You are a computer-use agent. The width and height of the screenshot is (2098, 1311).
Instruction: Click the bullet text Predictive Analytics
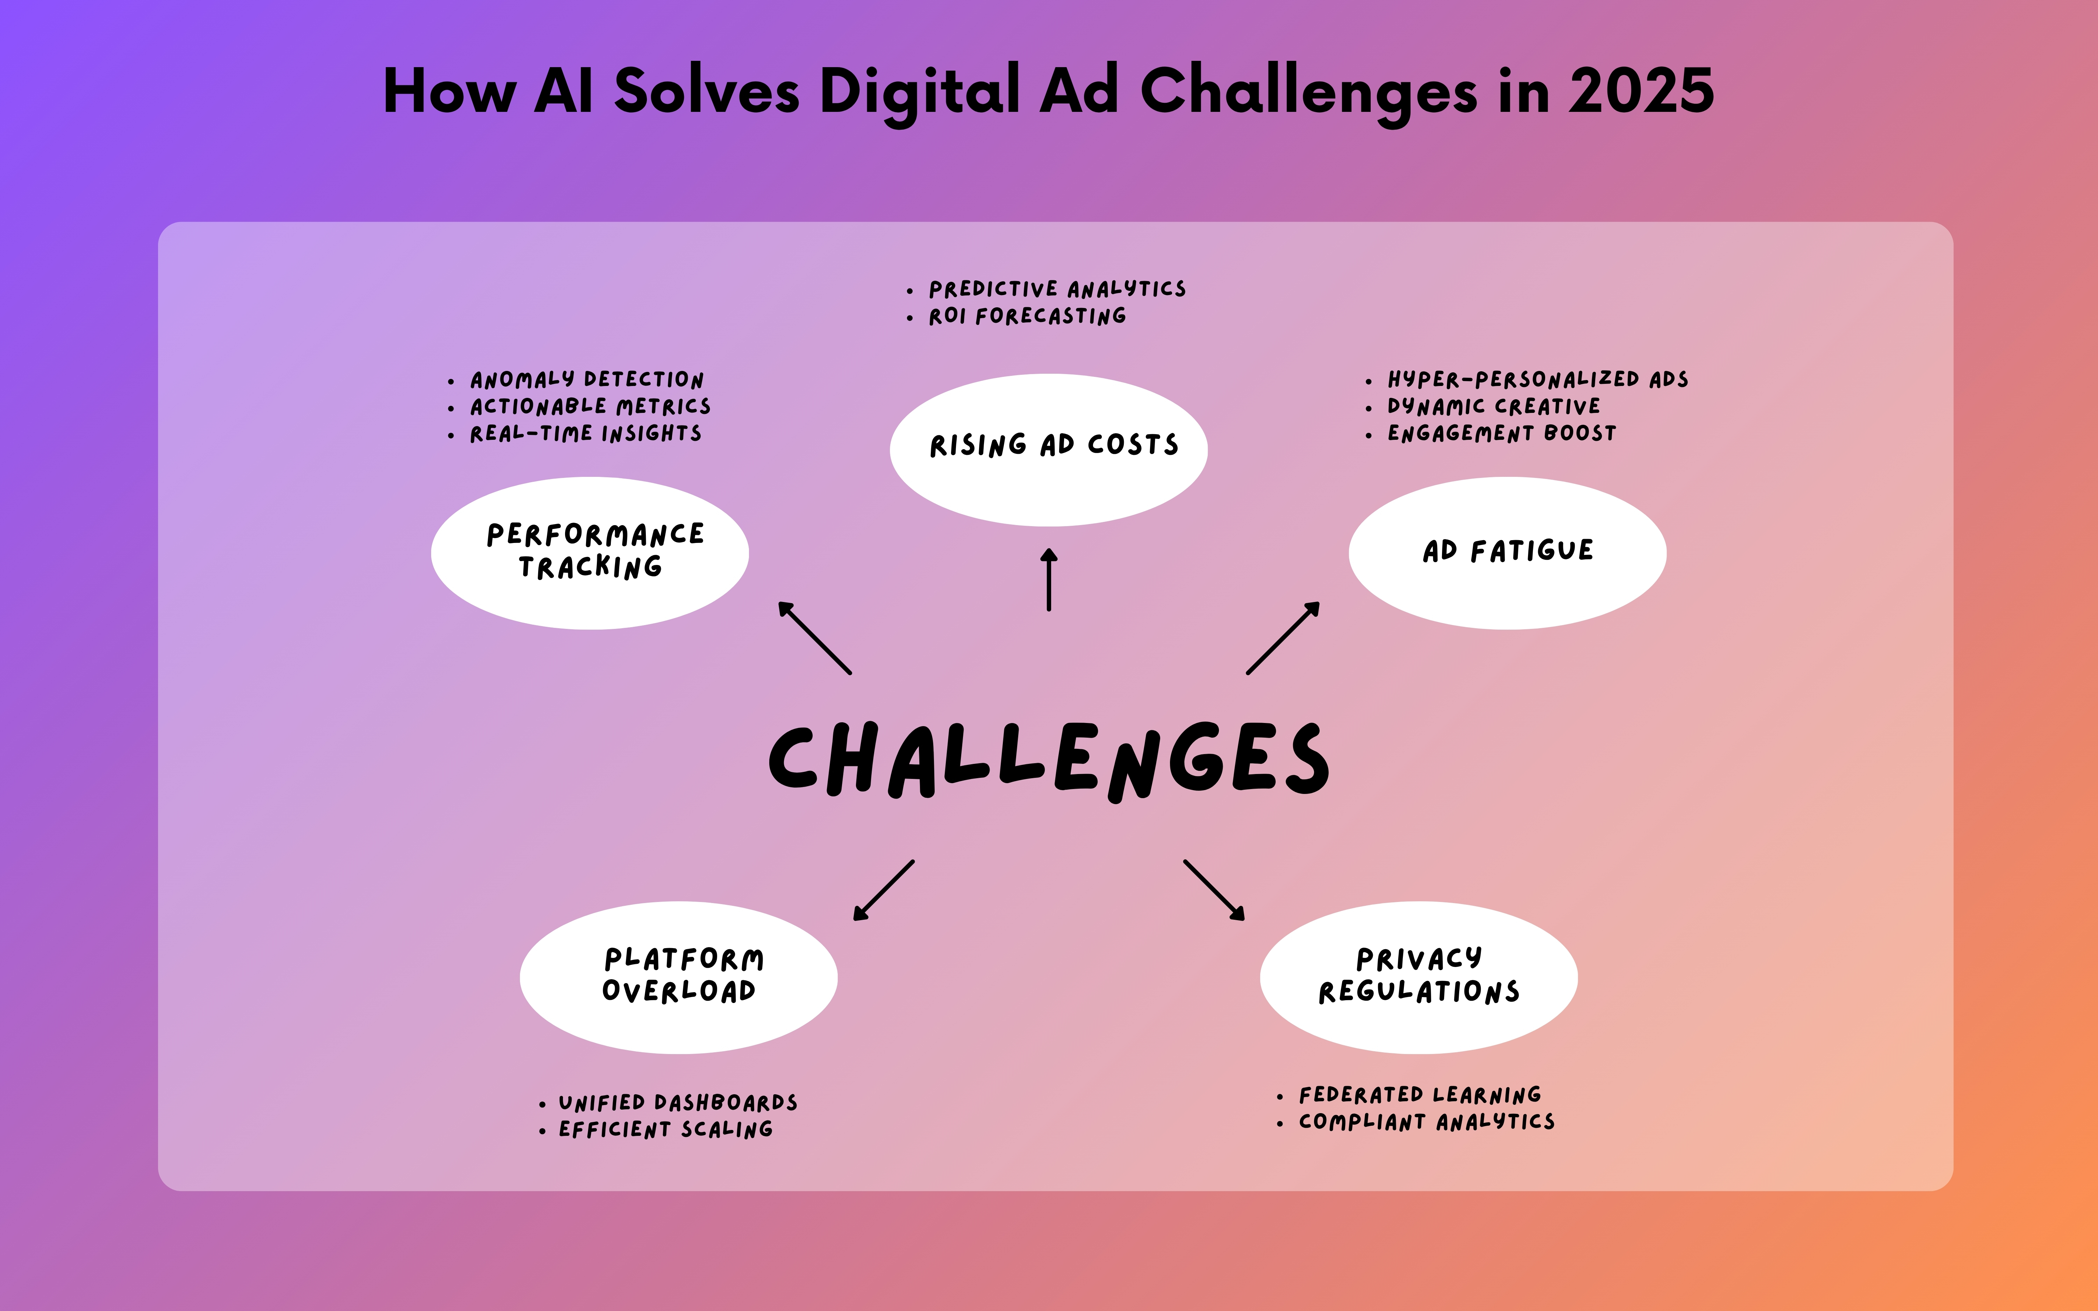tap(1057, 289)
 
